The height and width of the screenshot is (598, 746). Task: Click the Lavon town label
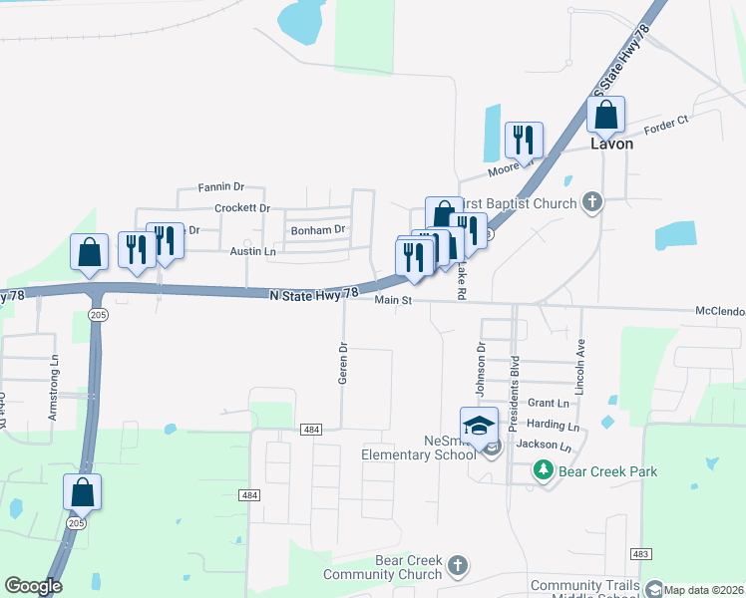[611, 144]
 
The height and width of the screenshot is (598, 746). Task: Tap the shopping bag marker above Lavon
[605, 116]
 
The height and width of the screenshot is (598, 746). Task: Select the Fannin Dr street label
[220, 186]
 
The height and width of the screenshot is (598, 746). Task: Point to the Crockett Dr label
[242, 208]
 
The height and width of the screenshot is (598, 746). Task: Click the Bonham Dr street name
[317, 229]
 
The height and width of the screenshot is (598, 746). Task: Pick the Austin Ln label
[252, 252]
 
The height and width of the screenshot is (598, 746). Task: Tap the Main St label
[393, 300]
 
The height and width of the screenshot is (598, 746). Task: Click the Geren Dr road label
[343, 364]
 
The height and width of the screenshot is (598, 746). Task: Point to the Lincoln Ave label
[579, 363]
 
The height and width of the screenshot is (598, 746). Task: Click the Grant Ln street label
[548, 403]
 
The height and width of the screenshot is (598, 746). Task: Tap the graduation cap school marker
[479, 426]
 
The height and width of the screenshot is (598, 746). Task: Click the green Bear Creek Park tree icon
[543, 469]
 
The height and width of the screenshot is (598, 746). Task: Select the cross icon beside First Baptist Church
[592, 203]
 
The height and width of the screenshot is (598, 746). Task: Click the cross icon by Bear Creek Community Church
[458, 566]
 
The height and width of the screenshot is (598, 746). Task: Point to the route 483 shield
[642, 553]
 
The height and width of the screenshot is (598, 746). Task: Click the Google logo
[33, 586]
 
